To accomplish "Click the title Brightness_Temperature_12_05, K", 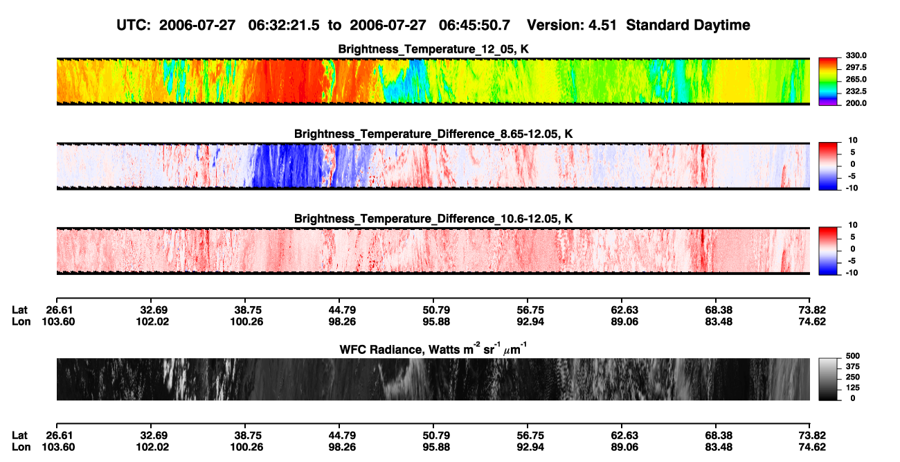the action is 433,49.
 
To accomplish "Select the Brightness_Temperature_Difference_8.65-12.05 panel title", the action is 433,134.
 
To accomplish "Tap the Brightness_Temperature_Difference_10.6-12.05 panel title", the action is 433,219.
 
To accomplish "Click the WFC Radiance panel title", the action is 433,349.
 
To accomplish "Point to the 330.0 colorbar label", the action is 856,55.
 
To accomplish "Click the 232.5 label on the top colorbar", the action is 856,91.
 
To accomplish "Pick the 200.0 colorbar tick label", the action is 856,103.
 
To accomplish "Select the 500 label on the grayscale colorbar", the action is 853,356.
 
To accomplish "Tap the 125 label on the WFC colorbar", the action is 853,388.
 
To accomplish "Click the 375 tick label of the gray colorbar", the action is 853,366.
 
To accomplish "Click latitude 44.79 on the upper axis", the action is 342,310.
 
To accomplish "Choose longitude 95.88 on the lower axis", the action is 436,447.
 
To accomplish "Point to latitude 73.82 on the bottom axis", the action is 812,436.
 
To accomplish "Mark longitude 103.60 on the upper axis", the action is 58,321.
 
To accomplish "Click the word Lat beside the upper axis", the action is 19,310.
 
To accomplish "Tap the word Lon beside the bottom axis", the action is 21,447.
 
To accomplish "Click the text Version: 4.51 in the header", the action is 571,26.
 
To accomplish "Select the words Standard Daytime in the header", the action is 688,26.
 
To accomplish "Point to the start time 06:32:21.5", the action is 284,26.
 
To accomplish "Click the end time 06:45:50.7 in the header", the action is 474,26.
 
